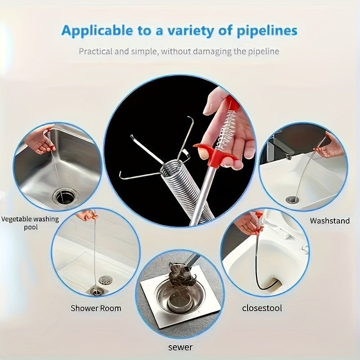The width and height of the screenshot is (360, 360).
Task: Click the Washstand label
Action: [x=329, y=221]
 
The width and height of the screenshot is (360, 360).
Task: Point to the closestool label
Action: [x=262, y=308]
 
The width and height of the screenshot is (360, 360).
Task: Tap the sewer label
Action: [x=180, y=347]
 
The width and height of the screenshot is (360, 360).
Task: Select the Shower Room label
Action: [x=96, y=308]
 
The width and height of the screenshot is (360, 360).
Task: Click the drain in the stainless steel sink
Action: [x=65, y=196]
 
